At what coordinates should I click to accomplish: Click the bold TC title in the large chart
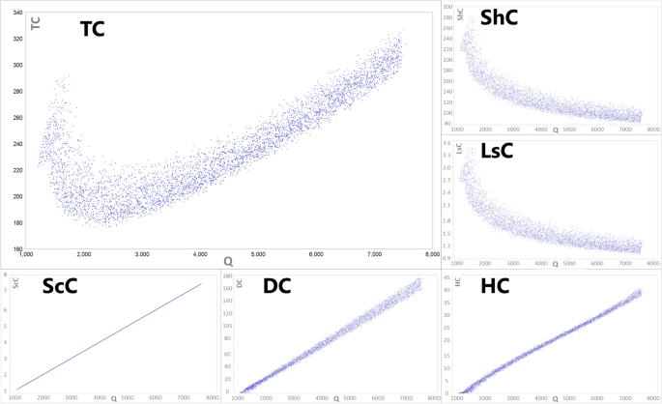pos(92,29)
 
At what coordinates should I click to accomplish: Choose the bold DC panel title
pos(277,287)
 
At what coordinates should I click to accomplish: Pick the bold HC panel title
pos(495,287)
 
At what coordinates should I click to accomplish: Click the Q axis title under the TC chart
pos(228,262)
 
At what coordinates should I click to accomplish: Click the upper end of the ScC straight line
pos(201,284)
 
